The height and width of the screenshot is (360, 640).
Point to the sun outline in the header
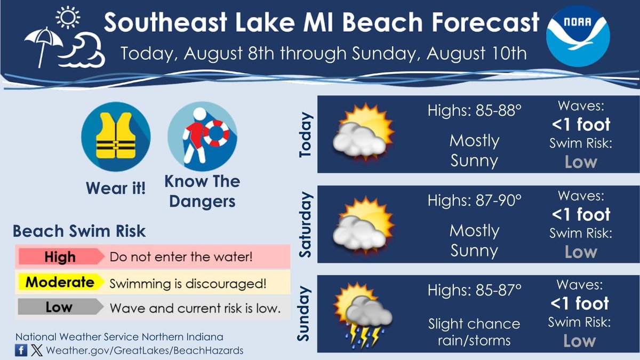click(67, 17)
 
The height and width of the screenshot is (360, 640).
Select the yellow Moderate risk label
click(60, 282)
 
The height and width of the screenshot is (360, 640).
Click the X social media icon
click(36, 350)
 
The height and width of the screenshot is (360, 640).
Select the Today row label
click(305, 135)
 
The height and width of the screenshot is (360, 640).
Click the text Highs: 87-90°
click(474, 201)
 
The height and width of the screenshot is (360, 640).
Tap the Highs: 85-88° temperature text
click(474, 111)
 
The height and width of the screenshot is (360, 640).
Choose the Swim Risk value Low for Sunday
click(579, 341)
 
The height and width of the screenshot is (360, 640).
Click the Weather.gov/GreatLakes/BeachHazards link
click(144, 350)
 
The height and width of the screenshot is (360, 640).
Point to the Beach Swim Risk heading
click(79, 231)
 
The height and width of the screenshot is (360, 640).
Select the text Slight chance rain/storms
click(474, 331)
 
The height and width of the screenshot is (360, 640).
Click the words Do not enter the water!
click(180, 257)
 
